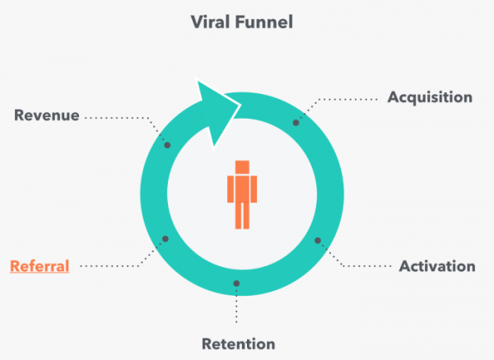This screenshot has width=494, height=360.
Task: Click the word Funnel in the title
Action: (x=266, y=21)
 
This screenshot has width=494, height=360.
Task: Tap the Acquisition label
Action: (x=430, y=97)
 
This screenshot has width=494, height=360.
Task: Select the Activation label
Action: (x=436, y=266)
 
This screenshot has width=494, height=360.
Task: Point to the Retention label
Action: (x=238, y=344)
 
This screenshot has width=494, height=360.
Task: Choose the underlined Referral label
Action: (x=40, y=266)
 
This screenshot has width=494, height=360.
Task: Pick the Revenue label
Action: (x=47, y=115)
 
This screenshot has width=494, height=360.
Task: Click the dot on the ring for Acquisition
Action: (x=296, y=122)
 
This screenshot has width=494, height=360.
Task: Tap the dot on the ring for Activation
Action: (x=318, y=241)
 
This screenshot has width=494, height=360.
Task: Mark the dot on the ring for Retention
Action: (x=236, y=284)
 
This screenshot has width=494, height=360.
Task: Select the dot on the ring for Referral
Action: (x=165, y=239)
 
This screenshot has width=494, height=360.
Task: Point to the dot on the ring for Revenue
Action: (x=167, y=145)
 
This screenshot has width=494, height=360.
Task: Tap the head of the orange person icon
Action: (x=241, y=166)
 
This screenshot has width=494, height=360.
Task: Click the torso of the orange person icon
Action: (x=241, y=188)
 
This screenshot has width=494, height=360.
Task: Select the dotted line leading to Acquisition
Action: (x=346, y=99)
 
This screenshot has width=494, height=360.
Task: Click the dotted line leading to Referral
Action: (x=111, y=266)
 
